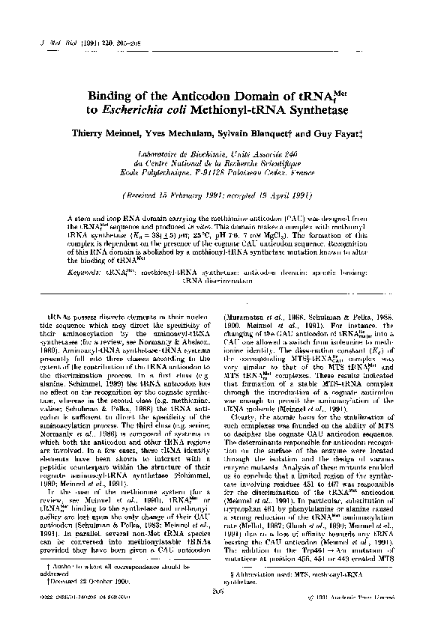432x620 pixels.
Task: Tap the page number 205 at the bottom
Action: [x=217, y=591]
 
